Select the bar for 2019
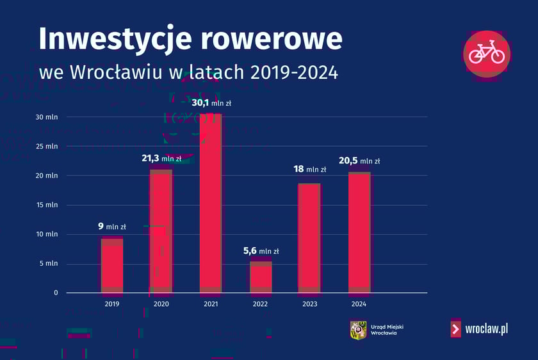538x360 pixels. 112,265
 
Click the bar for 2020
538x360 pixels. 161,231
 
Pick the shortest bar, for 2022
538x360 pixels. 261,277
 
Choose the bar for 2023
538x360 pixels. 309,238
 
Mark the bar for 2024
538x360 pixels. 359,233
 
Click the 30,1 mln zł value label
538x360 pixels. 211,102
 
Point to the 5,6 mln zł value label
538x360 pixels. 261,251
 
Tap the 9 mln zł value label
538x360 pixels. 111,226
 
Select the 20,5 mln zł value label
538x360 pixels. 359,161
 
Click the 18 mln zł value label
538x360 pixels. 309,169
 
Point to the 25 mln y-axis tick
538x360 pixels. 47,146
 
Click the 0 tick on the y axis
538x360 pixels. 56,293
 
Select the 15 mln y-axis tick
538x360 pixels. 47,205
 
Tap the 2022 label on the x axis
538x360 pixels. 261,304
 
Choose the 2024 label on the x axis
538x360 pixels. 359,304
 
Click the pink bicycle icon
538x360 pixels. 487,52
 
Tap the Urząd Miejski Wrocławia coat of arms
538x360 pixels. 358,330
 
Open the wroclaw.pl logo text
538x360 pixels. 487,329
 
